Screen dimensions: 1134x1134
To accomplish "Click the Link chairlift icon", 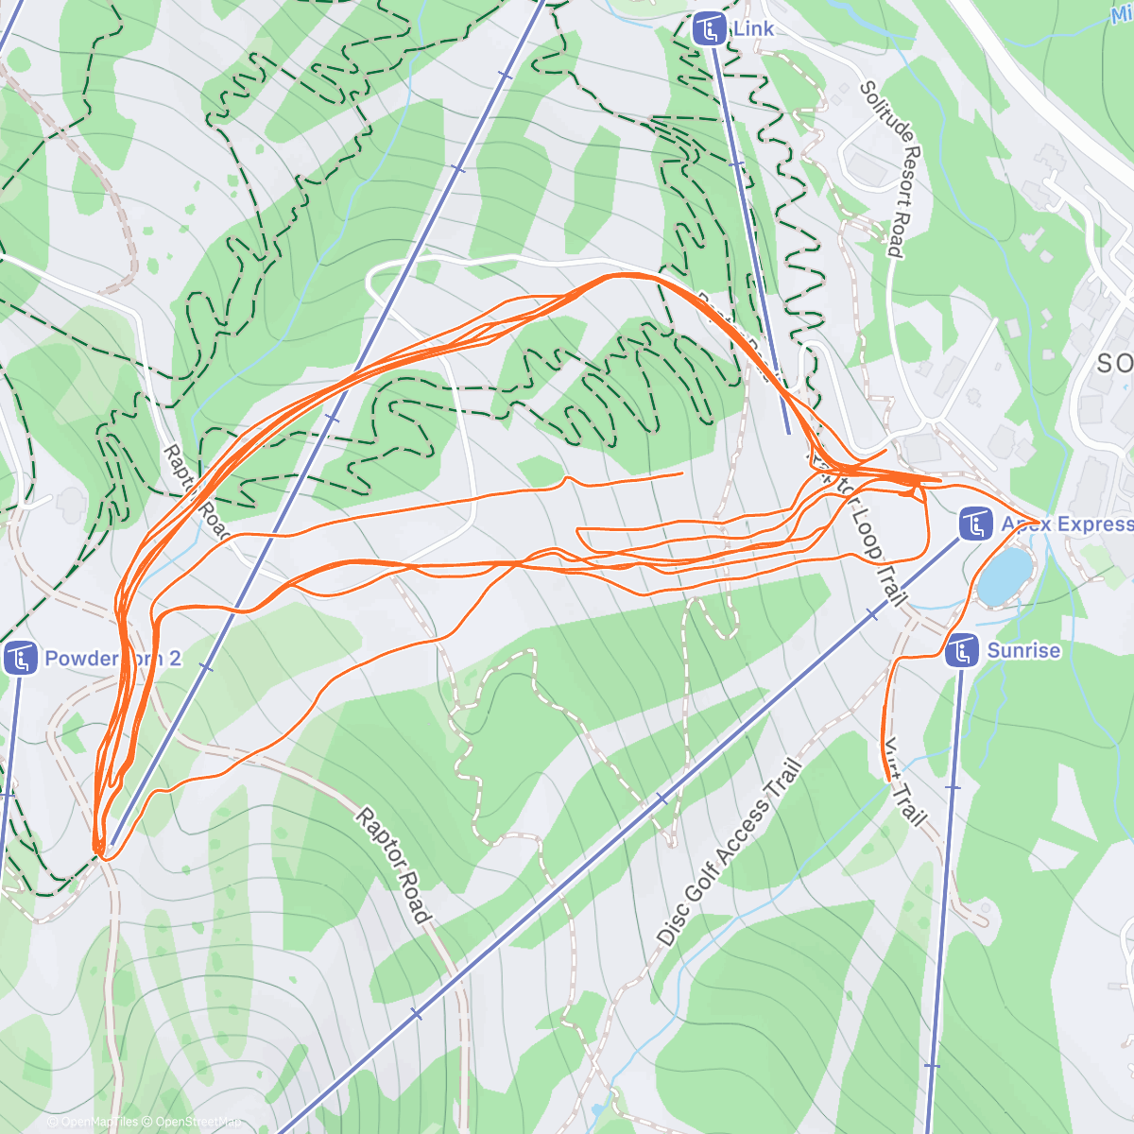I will point(709,29).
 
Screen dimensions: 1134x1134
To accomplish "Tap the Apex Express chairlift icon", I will point(974,524).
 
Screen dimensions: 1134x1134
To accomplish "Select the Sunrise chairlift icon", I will point(961,650).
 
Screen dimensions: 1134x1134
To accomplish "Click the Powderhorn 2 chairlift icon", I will point(19,658).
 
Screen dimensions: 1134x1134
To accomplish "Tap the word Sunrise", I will point(1023,650).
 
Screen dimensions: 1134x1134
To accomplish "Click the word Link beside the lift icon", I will point(753,28).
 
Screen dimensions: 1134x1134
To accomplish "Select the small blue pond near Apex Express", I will point(1004,575).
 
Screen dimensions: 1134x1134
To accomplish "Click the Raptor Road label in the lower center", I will point(393,865).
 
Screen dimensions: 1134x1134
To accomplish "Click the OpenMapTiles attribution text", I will point(98,1122).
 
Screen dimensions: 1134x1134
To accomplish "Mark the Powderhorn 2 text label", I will point(112,659).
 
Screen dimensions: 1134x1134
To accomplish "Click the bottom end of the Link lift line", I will point(789,433).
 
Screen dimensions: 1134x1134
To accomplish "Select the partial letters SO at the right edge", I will point(1115,362).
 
